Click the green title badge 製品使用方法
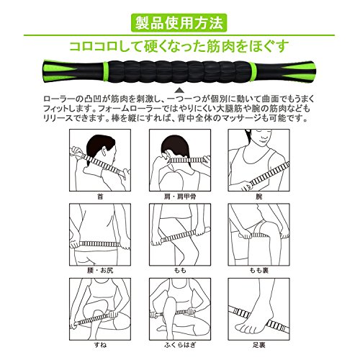(179, 23)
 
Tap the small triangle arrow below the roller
(179, 91)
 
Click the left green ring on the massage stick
(105, 71)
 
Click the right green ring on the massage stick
(253, 71)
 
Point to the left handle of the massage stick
(73, 71)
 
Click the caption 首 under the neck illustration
(100, 197)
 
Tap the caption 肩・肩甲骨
(180, 197)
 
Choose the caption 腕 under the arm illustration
(258, 197)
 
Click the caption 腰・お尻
(100, 271)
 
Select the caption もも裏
(258, 271)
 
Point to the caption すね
(100, 345)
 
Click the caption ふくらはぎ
(180, 345)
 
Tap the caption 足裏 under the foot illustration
(258, 345)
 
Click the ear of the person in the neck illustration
(105, 152)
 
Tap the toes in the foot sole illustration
(243, 327)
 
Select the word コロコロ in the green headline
(93, 47)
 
